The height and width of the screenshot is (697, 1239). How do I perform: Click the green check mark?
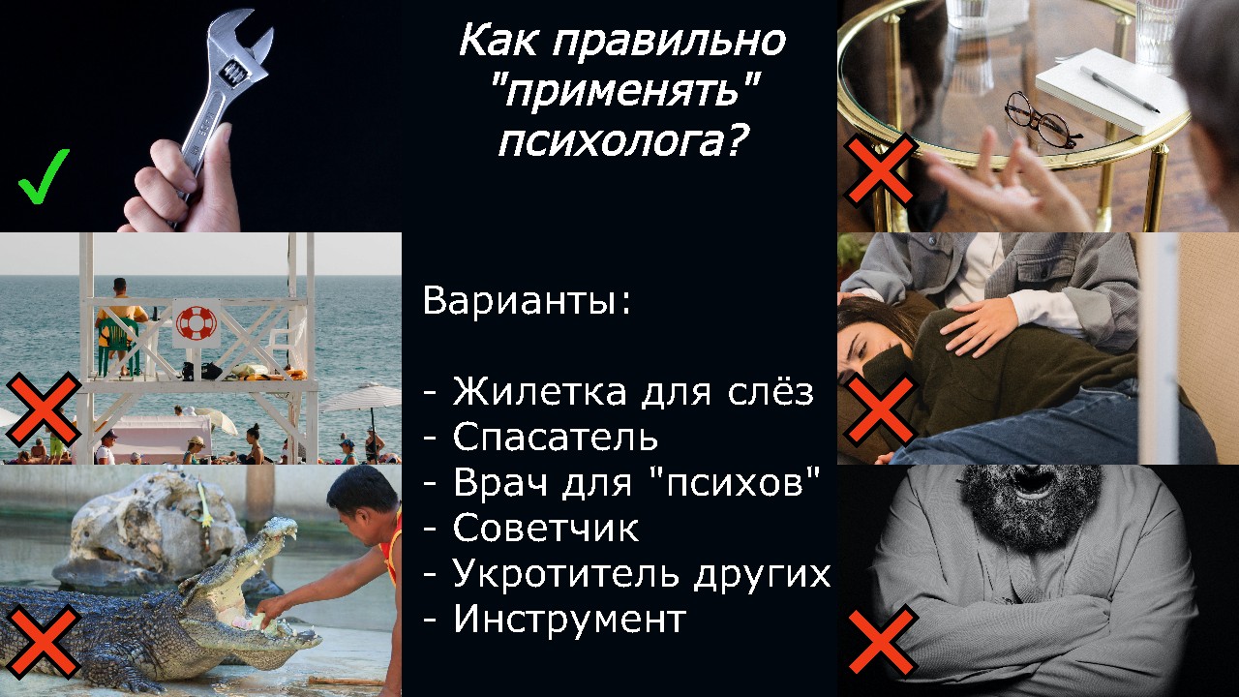44,177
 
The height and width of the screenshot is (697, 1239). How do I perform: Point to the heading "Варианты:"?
527,301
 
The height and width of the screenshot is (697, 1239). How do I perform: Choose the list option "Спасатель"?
556,437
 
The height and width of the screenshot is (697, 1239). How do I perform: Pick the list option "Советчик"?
546,528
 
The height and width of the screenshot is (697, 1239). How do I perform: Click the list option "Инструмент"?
570,619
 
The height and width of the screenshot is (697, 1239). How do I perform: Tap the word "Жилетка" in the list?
540,392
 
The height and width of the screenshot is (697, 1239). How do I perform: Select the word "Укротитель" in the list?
566,573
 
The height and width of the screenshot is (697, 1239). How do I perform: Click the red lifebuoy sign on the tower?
196,323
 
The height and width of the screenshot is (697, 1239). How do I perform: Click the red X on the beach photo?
44,409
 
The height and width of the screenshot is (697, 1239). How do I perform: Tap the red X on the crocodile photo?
44,642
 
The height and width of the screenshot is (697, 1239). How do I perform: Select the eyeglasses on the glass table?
1041,120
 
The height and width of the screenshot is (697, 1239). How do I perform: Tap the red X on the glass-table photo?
878,170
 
